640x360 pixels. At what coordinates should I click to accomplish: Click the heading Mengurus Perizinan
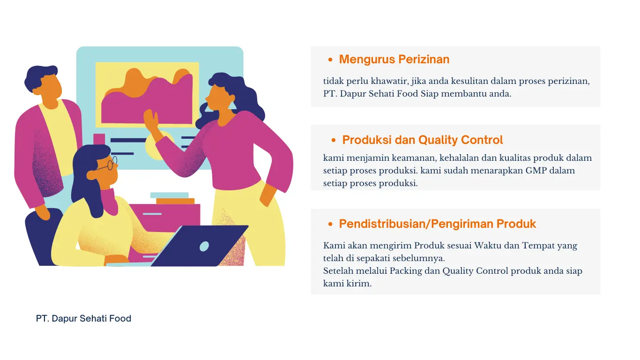click(x=394, y=60)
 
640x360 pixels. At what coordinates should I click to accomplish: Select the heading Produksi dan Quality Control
click(x=422, y=140)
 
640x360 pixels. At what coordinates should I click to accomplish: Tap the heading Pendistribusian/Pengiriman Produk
click(x=438, y=224)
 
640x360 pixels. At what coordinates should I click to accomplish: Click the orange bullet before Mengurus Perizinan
click(x=330, y=60)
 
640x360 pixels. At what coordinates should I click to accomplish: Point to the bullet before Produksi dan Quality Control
click(x=334, y=141)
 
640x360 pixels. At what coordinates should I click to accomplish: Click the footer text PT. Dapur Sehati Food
click(x=83, y=319)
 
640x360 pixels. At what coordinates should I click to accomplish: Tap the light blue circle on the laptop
click(x=204, y=246)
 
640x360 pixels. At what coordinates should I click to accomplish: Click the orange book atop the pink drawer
click(x=175, y=201)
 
